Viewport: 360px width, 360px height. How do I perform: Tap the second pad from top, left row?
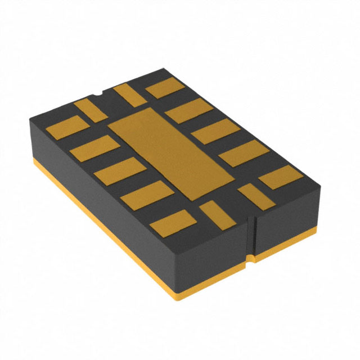point(95,149)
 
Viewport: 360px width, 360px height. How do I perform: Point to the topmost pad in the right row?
point(169,88)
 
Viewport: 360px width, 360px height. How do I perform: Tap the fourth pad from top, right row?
point(242,154)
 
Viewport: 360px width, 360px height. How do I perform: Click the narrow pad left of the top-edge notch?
point(91,110)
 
